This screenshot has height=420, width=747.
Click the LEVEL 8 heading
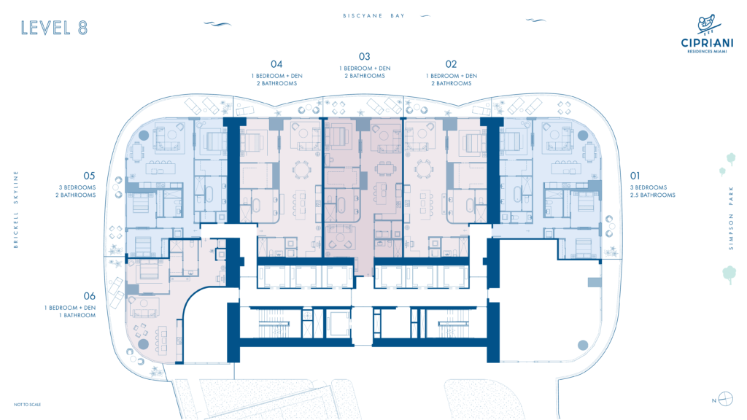point(54,28)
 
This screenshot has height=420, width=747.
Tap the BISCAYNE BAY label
point(373,16)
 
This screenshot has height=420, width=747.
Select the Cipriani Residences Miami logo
point(707,34)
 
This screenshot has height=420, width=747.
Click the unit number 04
point(276,64)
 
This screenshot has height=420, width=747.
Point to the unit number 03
point(365,56)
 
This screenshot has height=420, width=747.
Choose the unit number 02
point(451,64)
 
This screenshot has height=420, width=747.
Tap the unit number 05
point(89,176)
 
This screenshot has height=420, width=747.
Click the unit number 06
point(89,296)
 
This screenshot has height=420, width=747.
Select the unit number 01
point(635,176)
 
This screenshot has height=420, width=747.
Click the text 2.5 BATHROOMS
point(653,195)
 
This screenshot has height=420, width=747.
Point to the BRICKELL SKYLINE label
point(16,209)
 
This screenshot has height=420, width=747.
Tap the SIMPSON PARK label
point(731,218)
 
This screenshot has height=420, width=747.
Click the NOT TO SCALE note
point(27,405)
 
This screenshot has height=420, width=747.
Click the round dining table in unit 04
point(301,169)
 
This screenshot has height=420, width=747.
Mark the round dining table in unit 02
point(424,169)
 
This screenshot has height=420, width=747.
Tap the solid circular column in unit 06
point(144,344)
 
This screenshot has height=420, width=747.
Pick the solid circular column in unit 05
point(144,136)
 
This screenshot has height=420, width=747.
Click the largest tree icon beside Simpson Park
point(729,275)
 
